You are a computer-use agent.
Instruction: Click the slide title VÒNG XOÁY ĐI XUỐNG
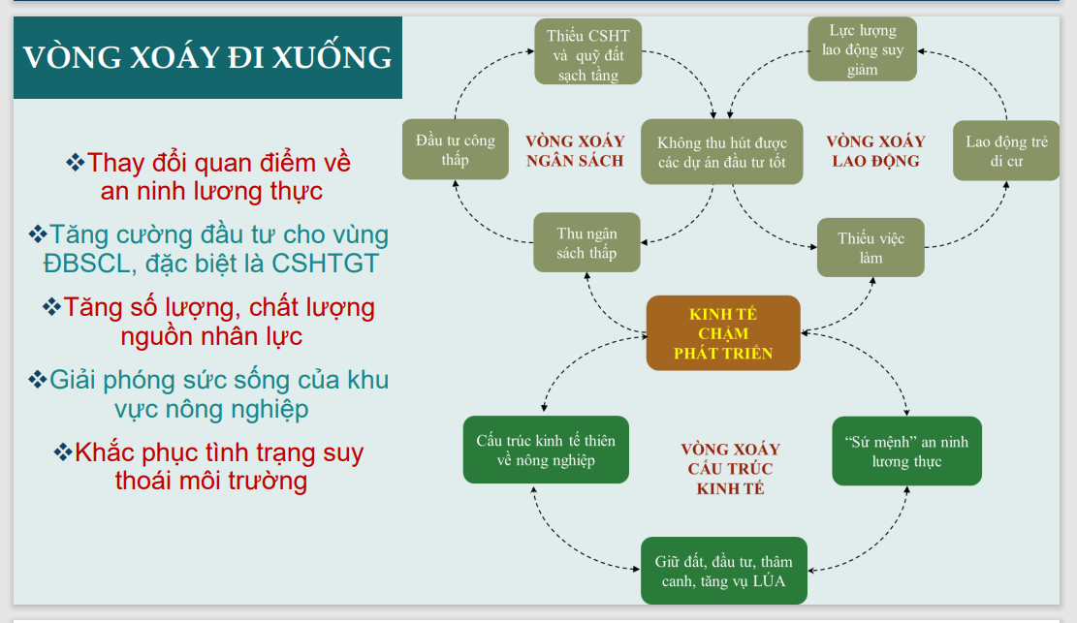click(x=207, y=57)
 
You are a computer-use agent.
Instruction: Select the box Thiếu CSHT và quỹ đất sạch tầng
click(x=587, y=55)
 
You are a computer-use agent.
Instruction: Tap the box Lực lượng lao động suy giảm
click(x=862, y=50)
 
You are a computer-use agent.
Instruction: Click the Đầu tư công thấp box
click(x=455, y=150)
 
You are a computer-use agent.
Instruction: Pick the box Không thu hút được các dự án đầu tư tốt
click(x=721, y=152)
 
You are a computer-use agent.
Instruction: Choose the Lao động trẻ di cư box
click(x=1006, y=151)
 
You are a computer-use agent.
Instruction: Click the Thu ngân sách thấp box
click(x=586, y=243)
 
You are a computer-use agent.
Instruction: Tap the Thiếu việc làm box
click(x=870, y=248)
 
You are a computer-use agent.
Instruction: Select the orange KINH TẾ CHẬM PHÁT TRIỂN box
click(x=723, y=333)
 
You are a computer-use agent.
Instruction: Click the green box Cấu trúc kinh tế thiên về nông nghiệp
click(x=546, y=451)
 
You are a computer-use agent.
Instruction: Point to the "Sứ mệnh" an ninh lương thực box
click(x=906, y=452)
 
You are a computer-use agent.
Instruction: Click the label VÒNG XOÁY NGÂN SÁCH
click(x=575, y=151)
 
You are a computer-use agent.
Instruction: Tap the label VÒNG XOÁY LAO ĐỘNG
click(x=875, y=151)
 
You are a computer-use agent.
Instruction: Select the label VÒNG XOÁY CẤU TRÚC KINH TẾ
click(x=730, y=469)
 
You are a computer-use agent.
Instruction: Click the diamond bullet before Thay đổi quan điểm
click(x=75, y=163)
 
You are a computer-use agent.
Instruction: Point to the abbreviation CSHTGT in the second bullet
click(x=326, y=264)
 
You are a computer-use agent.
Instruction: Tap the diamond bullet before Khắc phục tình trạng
click(x=63, y=452)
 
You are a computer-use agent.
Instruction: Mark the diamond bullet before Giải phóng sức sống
click(x=39, y=379)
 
